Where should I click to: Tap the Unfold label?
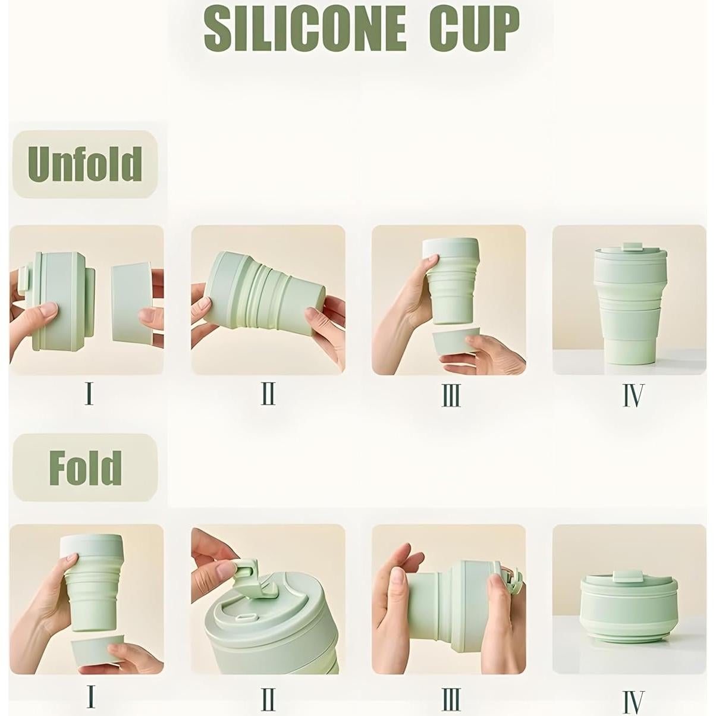[x=84, y=164]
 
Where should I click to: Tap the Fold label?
[x=85, y=468]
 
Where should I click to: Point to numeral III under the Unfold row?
[x=451, y=394]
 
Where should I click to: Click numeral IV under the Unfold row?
[x=633, y=395]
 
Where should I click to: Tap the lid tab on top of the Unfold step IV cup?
[x=630, y=246]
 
